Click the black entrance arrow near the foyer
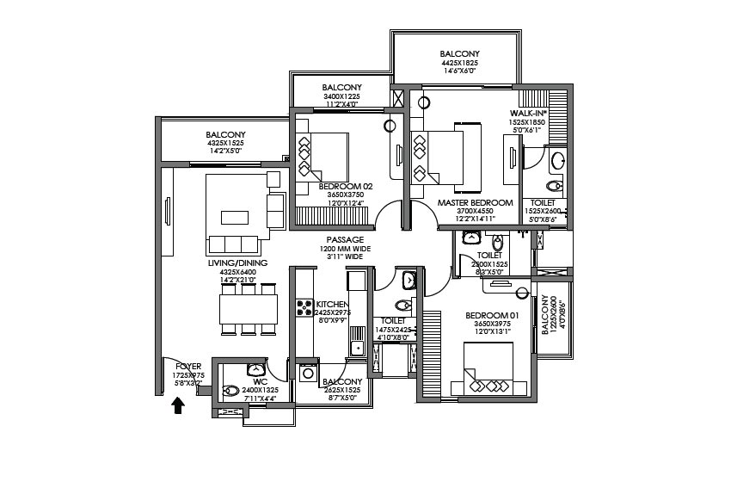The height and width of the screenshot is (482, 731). pyautogui.click(x=178, y=405)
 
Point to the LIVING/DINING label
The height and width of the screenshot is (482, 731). pyautogui.click(x=237, y=263)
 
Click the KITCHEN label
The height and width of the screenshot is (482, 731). pyautogui.click(x=331, y=305)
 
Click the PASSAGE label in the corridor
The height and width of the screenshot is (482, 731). pyautogui.click(x=344, y=239)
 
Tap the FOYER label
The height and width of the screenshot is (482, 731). pyautogui.click(x=187, y=367)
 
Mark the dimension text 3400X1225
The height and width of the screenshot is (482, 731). pyautogui.click(x=341, y=96)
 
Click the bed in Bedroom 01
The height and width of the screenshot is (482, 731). pyautogui.click(x=488, y=368)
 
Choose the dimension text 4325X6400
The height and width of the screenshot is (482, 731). pyautogui.click(x=237, y=273)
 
